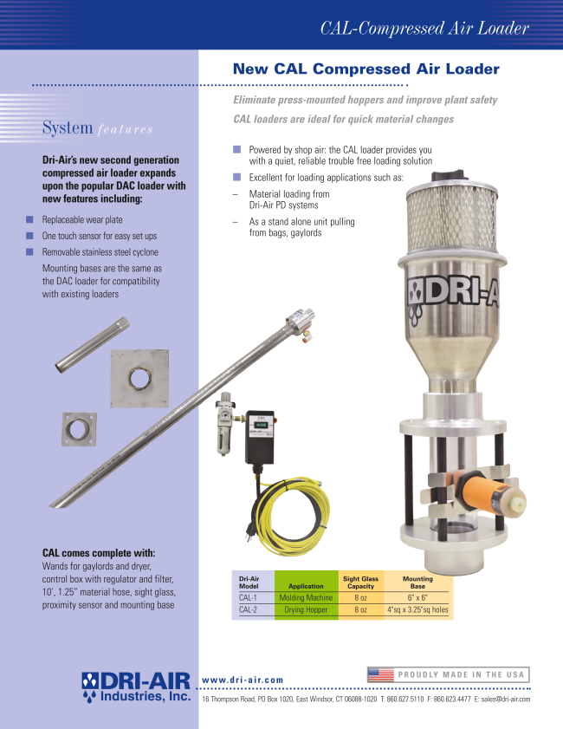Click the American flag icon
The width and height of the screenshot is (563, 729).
click(x=380, y=674)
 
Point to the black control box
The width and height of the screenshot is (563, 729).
click(x=259, y=438)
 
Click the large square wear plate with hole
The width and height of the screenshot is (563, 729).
click(x=139, y=379)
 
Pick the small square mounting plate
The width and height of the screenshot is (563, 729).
click(x=79, y=429)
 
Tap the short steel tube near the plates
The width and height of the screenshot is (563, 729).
click(x=92, y=344)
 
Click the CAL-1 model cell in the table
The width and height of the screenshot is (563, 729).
click(x=248, y=598)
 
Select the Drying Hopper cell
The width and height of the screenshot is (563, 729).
click(x=306, y=609)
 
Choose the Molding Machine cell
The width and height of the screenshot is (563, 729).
click(x=306, y=598)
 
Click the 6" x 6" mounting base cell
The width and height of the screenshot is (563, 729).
click(x=417, y=598)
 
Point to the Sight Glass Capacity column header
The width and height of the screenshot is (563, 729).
click(x=360, y=583)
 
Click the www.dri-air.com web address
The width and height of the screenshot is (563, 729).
click(x=243, y=680)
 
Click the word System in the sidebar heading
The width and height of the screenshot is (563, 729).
click(x=68, y=127)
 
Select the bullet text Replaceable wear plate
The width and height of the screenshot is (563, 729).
click(x=82, y=220)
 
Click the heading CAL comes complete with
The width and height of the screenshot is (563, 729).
click(x=99, y=553)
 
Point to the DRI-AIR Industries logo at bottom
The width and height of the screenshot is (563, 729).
click(x=136, y=687)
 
